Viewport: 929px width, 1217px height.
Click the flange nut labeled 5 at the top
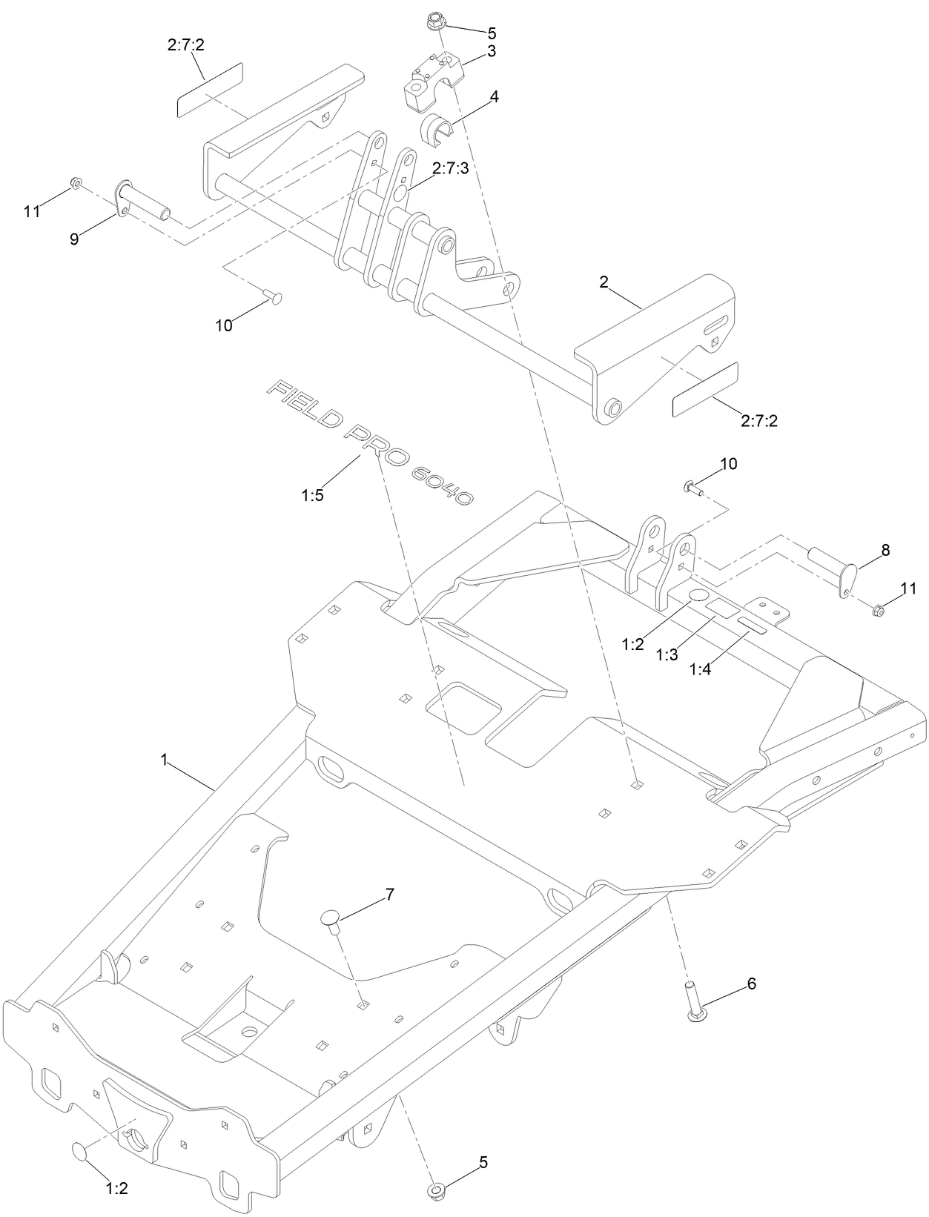click(x=434, y=22)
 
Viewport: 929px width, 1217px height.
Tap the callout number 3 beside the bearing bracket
click(x=492, y=51)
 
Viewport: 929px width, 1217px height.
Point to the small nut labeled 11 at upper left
click(x=74, y=182)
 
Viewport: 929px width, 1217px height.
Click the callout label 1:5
click(x=313, y=495)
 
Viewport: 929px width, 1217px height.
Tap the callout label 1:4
click(x=700, y=669)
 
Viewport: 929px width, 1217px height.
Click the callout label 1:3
click(x=667, y=655)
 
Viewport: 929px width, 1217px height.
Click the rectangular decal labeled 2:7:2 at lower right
click(x=705, y=389)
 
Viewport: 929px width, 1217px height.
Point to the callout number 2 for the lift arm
click(x=604, y=281)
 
